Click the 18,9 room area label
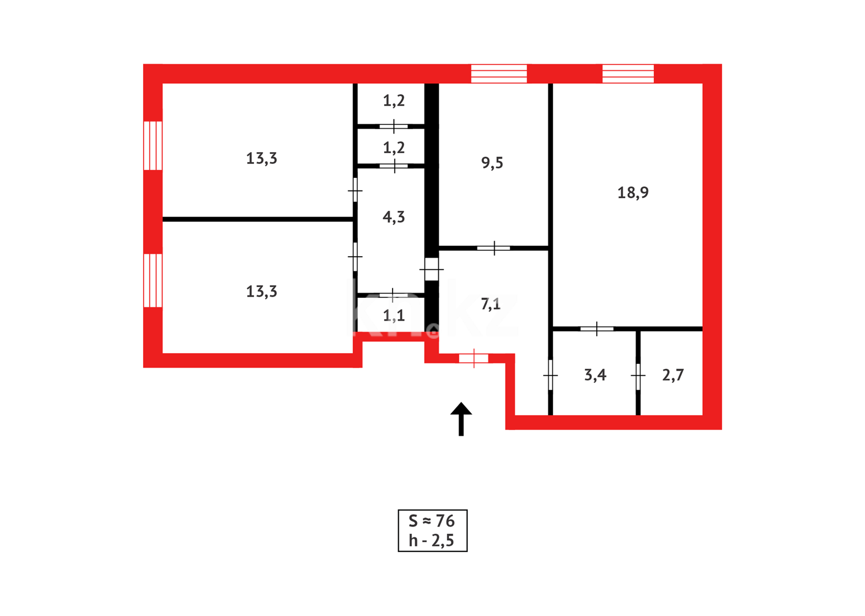tap(633, 193)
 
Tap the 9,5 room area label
tap(492, 163)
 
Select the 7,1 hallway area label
tap(491, 304)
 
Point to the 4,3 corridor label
tap(394, 217)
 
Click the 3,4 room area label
tap(595, 375)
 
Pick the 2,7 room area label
tap(673, 375)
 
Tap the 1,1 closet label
tap(394, 315)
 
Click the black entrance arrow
tap(461, 419)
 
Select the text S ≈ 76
tap(432, 521)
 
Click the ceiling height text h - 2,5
tap(431, 541)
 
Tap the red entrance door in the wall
tap(474, 358)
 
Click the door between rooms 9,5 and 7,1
tap(494, 248)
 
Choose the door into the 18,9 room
tap(597, 329)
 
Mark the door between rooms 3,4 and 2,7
tap(638, 375)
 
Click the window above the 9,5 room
tap(499, 74)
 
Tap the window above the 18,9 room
tap(628, 74)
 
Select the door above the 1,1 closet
tap(393, 295)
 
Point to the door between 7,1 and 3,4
tap(550, 375)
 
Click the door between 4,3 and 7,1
tap(431, 269)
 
